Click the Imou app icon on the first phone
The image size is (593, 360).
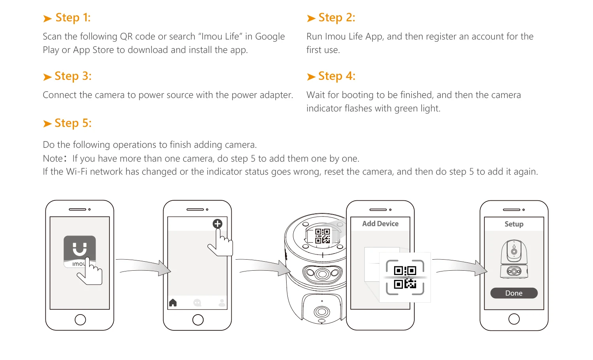80,251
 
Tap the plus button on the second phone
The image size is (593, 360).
217,224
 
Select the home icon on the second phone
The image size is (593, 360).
173,302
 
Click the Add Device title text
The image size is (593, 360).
380,224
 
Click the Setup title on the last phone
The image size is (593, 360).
514,224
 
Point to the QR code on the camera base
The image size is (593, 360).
323,236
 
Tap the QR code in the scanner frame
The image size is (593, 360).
405,277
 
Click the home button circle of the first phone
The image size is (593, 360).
80,320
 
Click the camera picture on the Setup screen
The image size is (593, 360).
514,259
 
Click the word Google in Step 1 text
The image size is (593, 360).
270,36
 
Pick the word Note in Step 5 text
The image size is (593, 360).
53,158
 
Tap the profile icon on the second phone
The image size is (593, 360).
222,303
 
